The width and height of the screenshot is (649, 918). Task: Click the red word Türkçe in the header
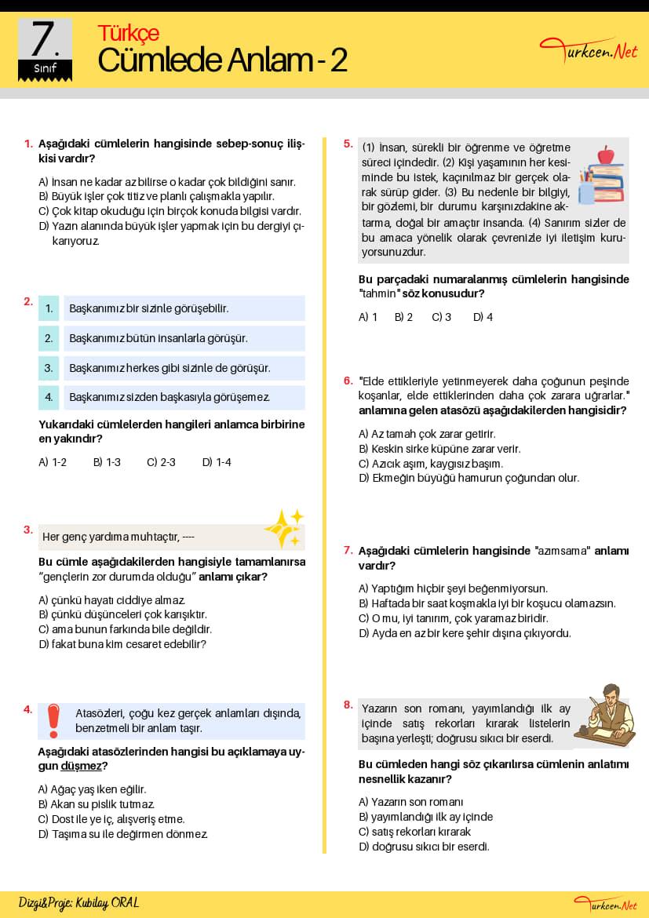pos(128,33)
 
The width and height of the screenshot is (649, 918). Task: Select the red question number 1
pos(28,144)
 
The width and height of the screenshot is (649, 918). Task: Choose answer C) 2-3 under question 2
pos(161,462)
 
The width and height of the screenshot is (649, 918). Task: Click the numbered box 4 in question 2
pos(49,397)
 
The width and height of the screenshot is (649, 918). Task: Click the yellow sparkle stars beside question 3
pos(283,528)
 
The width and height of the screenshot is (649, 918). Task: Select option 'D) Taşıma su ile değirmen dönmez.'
pos(123,834)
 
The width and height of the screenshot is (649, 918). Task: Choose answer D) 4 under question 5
pos(483,317)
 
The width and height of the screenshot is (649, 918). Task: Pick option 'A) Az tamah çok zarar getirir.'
pos(427,434)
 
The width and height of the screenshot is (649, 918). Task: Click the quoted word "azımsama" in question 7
pos(562,551)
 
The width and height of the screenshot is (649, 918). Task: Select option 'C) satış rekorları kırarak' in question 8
pos(414,832)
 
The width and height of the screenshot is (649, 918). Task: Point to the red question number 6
pos(348,381)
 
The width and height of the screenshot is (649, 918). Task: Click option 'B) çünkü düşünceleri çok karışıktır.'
pos(122,614)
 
